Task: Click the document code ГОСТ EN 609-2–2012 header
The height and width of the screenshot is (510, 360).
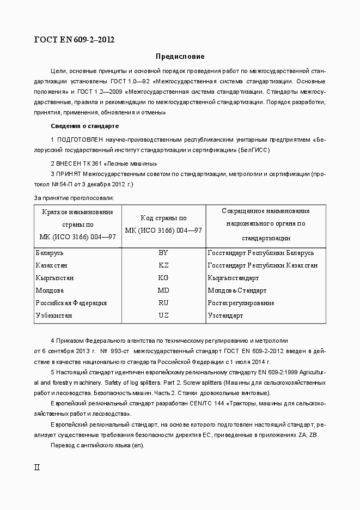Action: click(74, 40)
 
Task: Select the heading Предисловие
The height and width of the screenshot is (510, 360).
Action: click(180, 56)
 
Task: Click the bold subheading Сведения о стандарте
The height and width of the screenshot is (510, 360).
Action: click(84, 126)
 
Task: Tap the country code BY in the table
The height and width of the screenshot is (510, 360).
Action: click(163, 253)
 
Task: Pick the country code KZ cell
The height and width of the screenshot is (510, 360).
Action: click(163, 265)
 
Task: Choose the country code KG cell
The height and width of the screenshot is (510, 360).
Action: click(163, 278)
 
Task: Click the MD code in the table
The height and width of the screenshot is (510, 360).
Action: click(163, 290)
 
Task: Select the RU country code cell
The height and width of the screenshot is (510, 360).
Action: click(163, 303)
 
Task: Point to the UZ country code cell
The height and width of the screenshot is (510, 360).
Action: click(163, 315)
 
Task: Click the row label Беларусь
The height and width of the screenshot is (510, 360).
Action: click(50, 253)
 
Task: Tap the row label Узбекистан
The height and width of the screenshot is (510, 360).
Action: click(54, 315)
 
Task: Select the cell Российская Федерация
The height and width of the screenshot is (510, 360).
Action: click(71, 303)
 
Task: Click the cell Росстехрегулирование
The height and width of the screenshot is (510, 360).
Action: click(241, 303)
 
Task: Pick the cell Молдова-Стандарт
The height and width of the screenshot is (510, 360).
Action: click(237, 290)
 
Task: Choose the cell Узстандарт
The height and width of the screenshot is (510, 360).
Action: click(225, 315)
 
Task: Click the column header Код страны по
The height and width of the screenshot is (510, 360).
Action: click(163, 217)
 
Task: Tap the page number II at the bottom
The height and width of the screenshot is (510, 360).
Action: click(37, 467)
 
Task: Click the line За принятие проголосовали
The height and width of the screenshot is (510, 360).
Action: click(74, 198)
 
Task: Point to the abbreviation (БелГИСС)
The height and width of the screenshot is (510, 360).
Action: click(254, 150)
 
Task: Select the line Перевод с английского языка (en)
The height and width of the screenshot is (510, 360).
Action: click(97, 445)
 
